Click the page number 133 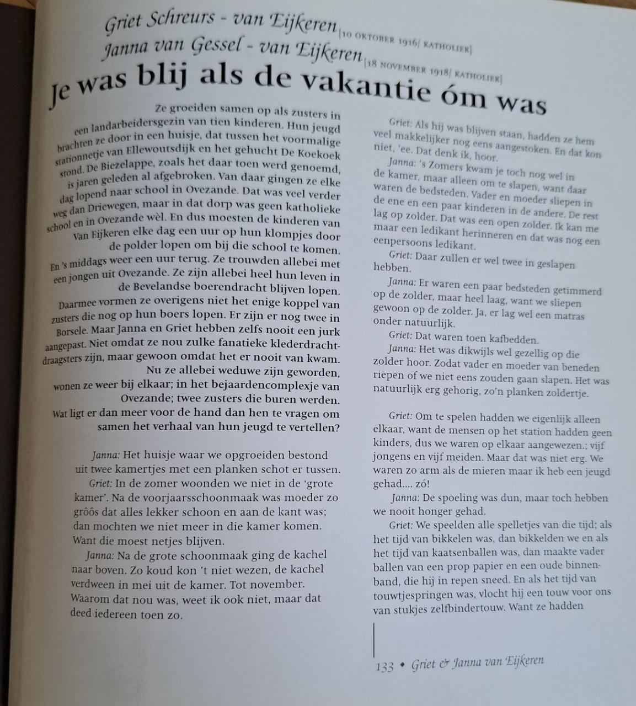tap(384, 666)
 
